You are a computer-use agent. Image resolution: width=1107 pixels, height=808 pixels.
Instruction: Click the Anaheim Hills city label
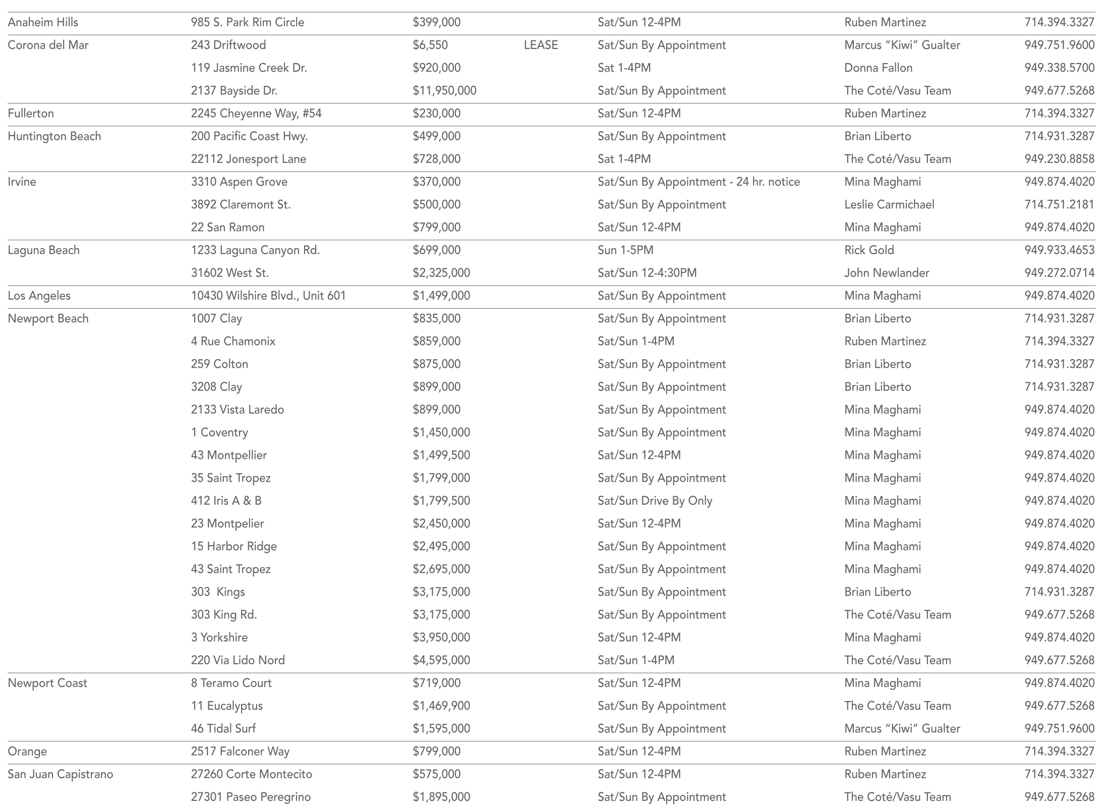click(x=43, y=23)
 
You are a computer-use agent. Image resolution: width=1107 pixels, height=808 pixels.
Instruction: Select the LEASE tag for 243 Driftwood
click(x=541, y=45)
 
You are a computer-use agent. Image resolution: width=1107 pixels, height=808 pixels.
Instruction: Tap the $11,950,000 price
click(x=444, y=91)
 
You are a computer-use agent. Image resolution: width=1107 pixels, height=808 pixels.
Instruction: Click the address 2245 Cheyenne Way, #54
click(x=256, y=113)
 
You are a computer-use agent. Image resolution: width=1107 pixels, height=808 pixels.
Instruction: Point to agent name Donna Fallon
click(x=878, y=68)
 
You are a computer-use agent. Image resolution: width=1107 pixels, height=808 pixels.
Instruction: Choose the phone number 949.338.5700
click(x=1059, y=68)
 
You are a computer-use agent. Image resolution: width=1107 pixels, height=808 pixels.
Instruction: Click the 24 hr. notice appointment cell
click(x=698, y=182)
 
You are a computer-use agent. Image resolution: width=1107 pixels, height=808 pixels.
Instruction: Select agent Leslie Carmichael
click(x=889, y=205)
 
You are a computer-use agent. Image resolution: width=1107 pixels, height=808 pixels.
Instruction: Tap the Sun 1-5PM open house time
click(x=625, y=250)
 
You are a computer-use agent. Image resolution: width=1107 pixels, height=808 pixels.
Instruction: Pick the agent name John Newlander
click(x=887, y=273)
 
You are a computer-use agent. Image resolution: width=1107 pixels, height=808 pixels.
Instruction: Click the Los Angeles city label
click(x=39, y=296)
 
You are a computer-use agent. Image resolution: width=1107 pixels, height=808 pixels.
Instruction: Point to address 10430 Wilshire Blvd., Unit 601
click(x=268, y=296)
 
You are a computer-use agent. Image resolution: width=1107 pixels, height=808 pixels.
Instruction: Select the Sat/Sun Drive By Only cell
click(x=655, y=501)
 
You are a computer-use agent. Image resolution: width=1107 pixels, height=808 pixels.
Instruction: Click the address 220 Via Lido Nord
click(x=238, y=660)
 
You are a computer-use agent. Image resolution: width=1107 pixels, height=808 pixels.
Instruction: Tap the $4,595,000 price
click(x=441, y=660)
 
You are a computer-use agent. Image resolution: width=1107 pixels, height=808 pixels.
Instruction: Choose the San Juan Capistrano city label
click(x=60, y=774)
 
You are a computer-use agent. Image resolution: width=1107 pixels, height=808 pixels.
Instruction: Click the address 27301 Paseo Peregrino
click(x=251, y=797)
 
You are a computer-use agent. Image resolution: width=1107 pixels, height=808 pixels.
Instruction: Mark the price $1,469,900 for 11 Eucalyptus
click(x=441, y=706)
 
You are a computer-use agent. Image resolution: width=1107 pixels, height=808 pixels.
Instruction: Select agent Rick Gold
click(x=869, y=250)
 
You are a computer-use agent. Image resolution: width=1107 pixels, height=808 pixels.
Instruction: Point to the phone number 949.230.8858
click(x=1059, y=159)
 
